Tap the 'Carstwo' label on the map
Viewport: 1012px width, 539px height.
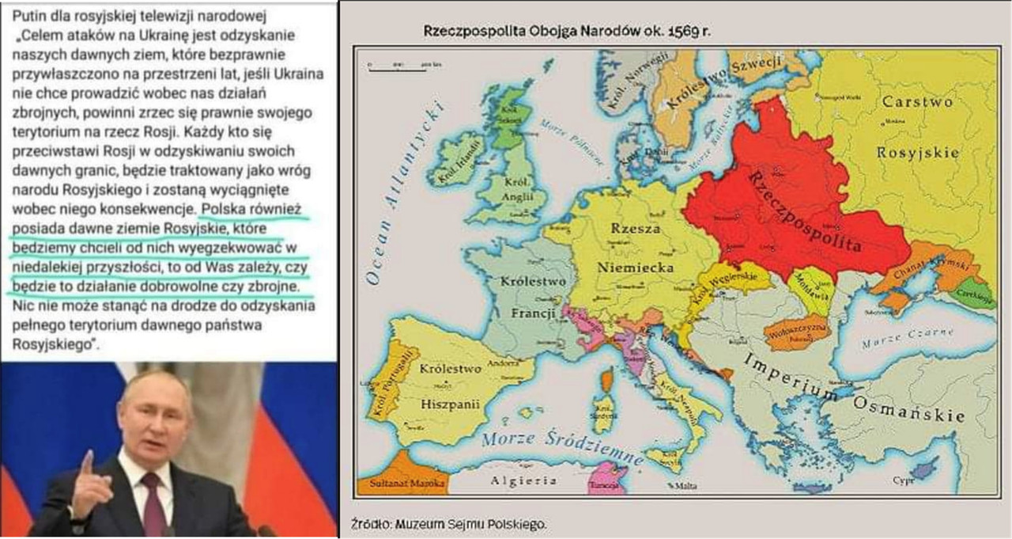[917, 101]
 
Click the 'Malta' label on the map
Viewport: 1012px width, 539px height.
[687, 485]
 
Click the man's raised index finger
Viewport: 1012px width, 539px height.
[87, 461]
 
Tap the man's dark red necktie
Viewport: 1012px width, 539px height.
[153, 507]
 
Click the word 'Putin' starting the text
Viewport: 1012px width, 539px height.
[28, 16]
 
